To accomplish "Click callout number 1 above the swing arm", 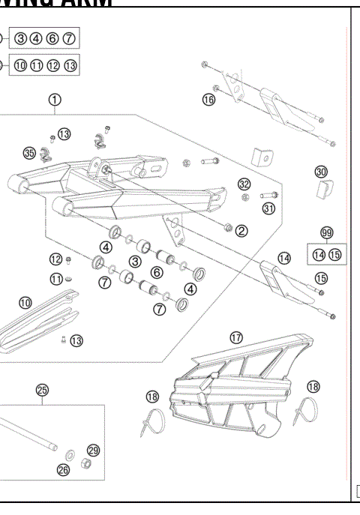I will click(x=55, y=99).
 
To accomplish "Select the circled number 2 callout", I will click(x=241, y=230).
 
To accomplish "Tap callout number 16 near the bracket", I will click(x=208, y=99).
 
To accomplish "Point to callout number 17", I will click(x=236, y=338).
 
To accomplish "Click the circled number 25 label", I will click(x=42, y=389).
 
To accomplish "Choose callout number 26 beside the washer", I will click(x=64, y=470).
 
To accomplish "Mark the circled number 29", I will click(x=93, y=450).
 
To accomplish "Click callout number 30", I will click(x=321, y=172).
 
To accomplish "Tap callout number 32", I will click(x=244, y=184).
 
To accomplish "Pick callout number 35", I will click(x=29, y=153).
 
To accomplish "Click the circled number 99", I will click(x=326, y=233).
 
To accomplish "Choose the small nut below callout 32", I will click(x=244, y=197).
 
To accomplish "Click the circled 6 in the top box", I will click(x=51, y=37).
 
